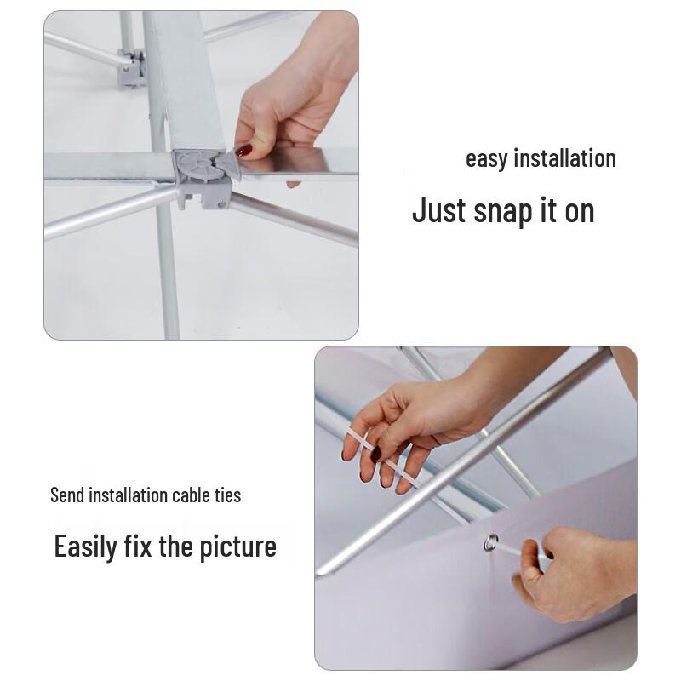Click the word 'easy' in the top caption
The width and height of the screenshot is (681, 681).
(x=486, y=160)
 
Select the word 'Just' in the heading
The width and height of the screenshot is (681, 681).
(x=438, y=209)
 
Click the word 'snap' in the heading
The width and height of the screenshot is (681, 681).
(x=502, y=211)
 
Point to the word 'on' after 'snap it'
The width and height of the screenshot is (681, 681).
(x=579, y=210)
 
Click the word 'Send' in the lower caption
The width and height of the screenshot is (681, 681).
(x=68, y=495)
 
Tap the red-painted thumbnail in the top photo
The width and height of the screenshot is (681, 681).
(x=244, y=151)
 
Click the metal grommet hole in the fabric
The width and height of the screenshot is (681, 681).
(x=491, y=542)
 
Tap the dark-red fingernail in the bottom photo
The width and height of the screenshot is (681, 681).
(x=376, y=455)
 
